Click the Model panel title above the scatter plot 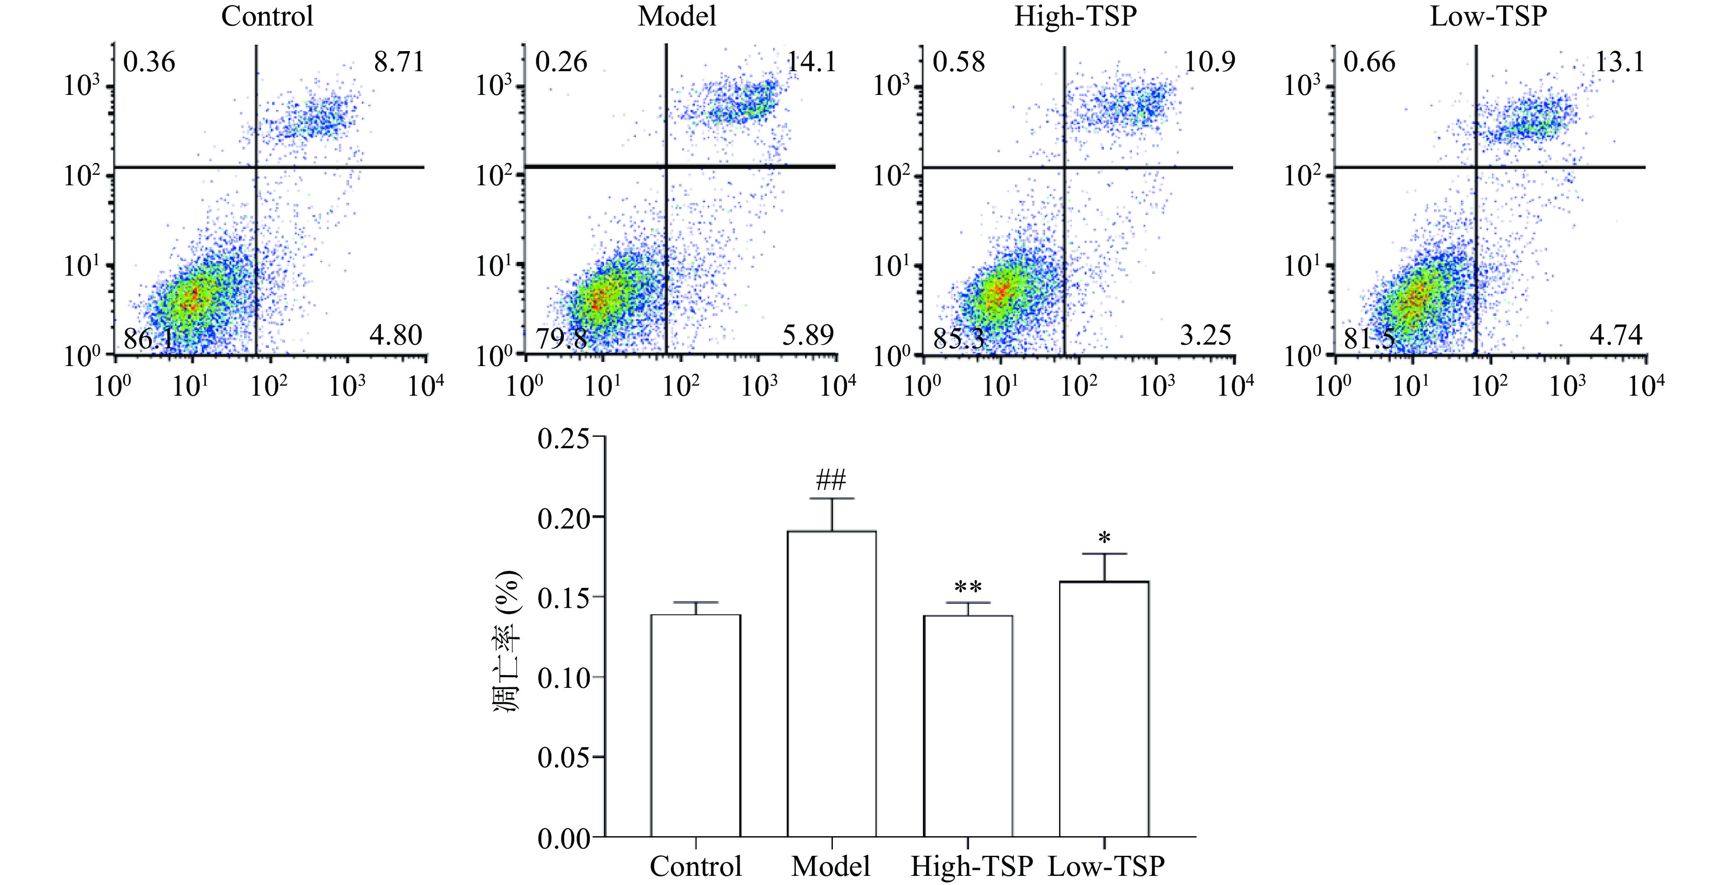click(677, 16)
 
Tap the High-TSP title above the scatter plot click(1075, 16)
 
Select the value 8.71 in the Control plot click(399, 63)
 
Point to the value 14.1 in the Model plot click(811, 63)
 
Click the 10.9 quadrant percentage click(1209, 63)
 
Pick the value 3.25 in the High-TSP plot click(1205, 335)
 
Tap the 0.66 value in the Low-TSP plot click(1370, 63)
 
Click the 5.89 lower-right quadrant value click(808, 335)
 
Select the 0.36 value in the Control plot click(149, 63)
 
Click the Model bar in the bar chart click(832, 683)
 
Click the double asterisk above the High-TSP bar click(968, 587)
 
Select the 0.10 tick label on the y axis click(563, 678)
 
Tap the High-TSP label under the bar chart click(971, 866)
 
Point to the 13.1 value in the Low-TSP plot click(1620, 63)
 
